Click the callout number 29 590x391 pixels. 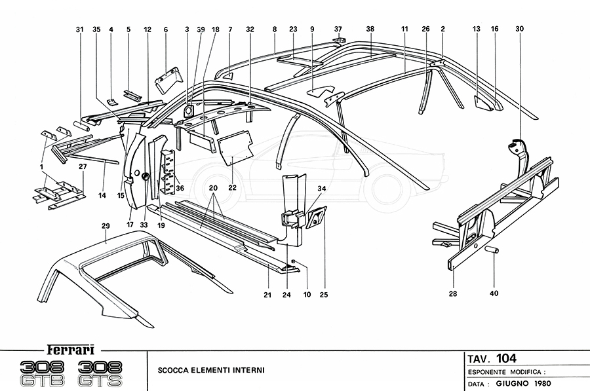click(105, 225)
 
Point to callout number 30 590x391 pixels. click(520, 29)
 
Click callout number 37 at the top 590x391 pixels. click(338, 29)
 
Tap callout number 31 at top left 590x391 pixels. click(80, 29)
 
